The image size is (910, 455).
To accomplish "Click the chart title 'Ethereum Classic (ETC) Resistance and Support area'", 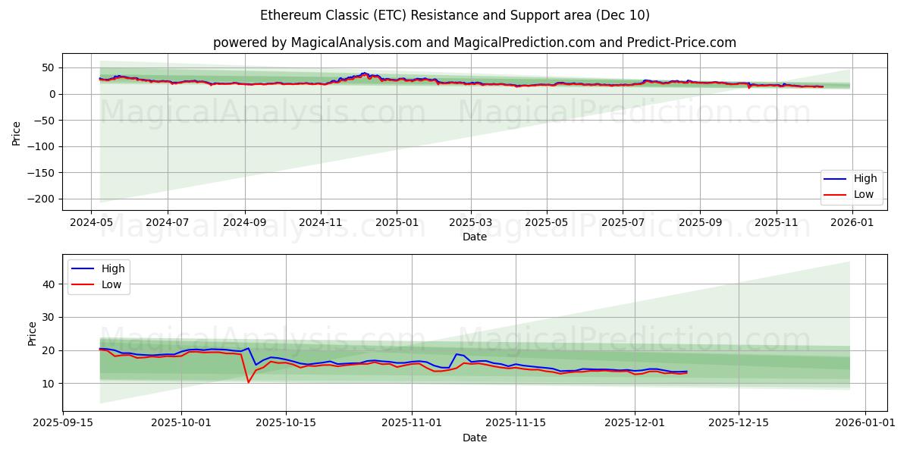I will point(454,15).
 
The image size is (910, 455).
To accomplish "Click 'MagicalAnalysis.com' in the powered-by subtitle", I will point(356,42).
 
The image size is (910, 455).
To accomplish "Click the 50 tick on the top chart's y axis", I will point(47,67).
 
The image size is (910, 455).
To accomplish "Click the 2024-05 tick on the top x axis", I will point(92,224).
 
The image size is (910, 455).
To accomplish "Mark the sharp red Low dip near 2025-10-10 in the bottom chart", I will point(248,381).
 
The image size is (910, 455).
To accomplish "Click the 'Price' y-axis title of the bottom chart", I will point(32,334).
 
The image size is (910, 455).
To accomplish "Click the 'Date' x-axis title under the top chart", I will point(475,237).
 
